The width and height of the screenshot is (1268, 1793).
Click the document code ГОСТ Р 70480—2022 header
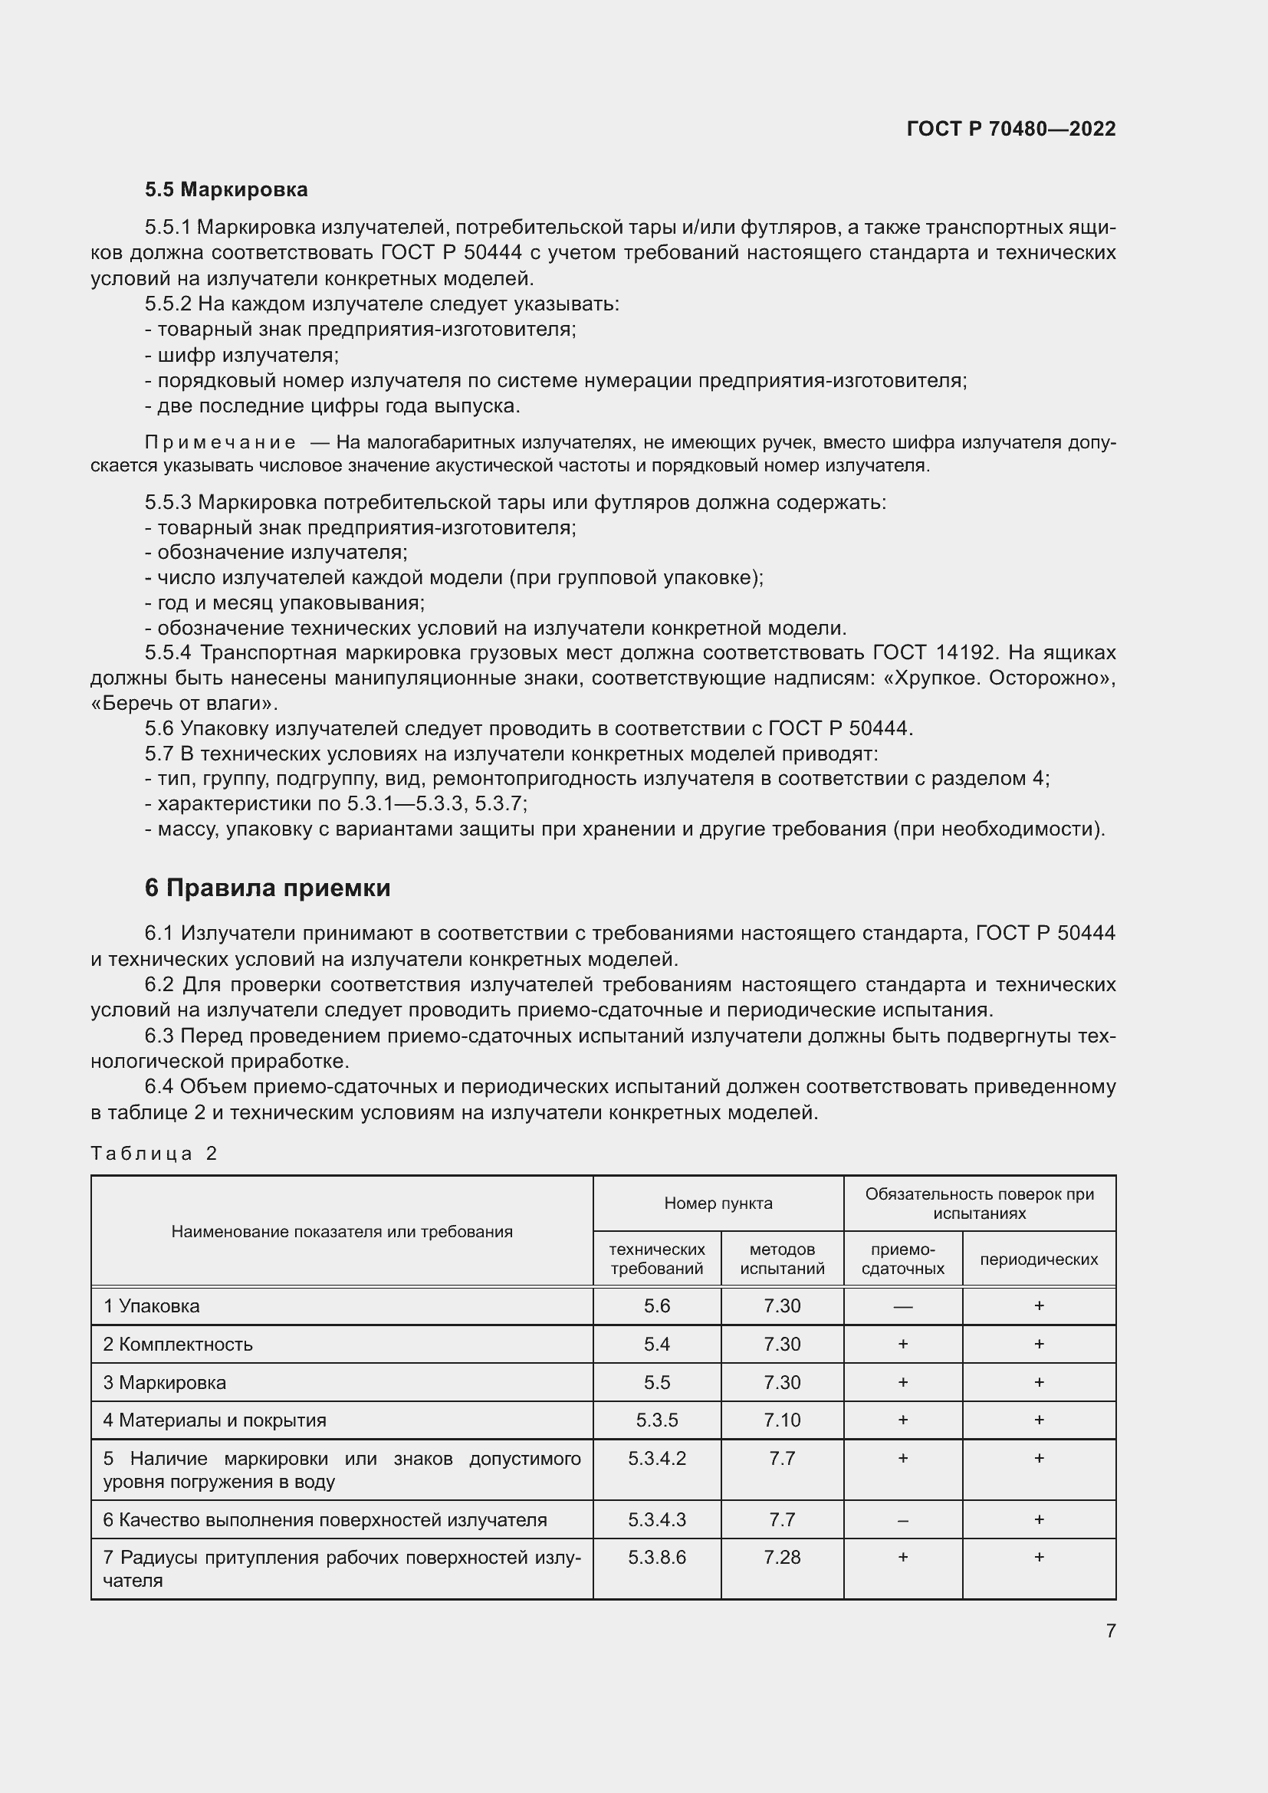(1010, 129)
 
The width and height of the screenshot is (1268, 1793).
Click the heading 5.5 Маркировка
(226, 190)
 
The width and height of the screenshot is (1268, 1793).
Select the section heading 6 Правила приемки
(267, 888)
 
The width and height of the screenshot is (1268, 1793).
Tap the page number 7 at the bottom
(1110, 1630)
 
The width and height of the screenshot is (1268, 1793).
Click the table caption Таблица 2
(154, 1154)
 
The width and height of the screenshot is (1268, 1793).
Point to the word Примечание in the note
(220, 443)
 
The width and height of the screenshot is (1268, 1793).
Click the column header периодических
(1039, 1259)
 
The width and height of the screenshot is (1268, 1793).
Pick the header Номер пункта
(718, 1204)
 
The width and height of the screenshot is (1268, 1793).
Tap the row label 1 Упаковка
(152, 1305)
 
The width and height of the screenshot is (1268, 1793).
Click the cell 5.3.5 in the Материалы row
(657, 1420)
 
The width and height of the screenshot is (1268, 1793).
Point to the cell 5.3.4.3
(657, 1519)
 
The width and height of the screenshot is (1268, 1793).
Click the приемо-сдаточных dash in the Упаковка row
(902, 1306)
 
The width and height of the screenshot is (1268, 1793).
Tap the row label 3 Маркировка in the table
(165, 1382)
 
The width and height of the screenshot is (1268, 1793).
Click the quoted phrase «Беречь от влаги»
(184, 703)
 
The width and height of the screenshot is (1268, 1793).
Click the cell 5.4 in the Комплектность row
(657, 1344)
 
